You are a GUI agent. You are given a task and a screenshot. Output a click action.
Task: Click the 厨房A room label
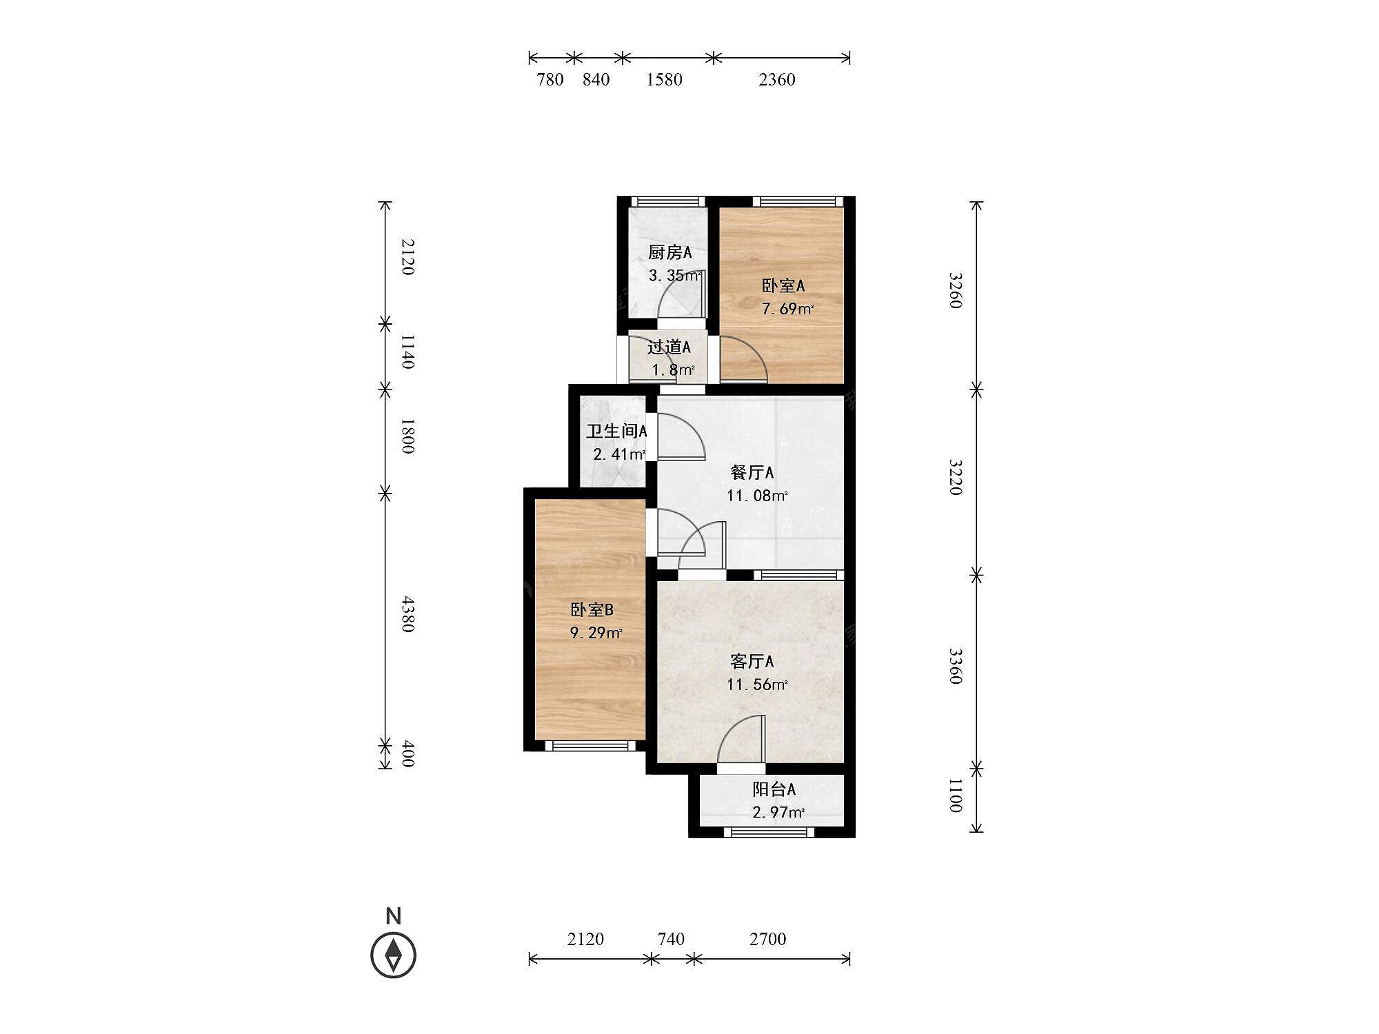[x=670, y=253]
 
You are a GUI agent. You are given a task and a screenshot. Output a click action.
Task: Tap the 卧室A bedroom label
[x=783, y=285]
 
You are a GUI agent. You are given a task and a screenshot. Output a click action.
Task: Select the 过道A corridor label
[x=668, y=347]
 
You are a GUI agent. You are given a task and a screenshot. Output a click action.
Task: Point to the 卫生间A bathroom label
[x=616, y=432]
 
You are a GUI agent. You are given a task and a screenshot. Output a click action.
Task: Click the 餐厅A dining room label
[x=752, y=473]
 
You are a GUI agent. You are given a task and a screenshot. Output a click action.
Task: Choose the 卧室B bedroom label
[x=592, y=609]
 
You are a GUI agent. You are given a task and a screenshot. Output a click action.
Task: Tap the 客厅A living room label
[x=752, y=662]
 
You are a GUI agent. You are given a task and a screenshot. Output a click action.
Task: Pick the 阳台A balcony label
[x=774, y=789]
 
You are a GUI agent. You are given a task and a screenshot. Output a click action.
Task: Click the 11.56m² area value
[x=756, y=685]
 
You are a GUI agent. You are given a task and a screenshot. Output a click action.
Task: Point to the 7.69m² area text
[x=787, y=309]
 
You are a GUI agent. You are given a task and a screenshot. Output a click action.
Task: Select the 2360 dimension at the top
[x=776, y=80]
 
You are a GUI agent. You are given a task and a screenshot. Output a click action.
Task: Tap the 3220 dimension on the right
[x=955, y=477]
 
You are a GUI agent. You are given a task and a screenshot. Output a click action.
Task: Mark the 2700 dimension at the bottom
[x=767, y=939]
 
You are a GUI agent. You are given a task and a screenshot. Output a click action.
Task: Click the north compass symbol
[x=394, y=955]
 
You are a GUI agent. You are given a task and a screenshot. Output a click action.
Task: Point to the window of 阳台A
[x=769, y=832]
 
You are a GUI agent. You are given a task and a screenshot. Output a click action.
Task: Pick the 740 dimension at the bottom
[x=671, y=939]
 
